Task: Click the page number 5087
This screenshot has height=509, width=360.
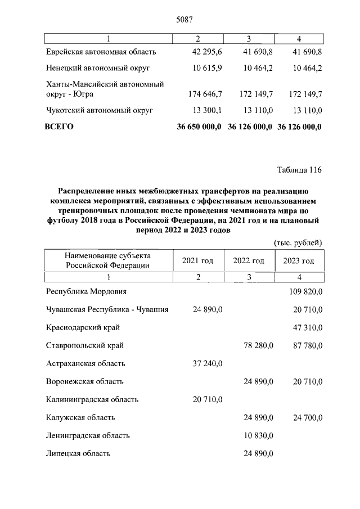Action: (x=185, y=19)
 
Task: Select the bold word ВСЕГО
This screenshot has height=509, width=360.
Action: (x=59, y=127)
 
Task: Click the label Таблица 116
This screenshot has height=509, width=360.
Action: (x=300, y=170)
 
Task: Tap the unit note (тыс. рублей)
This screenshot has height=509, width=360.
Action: (x=298, y=242)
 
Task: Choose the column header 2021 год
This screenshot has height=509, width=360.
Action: (x=197, y=260)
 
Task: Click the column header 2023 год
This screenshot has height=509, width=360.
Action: (x=299, y=260)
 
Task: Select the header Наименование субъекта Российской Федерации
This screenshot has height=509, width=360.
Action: (x=107, y=260)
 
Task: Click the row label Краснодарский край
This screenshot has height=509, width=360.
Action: (x=83, y=327)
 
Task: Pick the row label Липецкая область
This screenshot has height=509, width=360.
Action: (x=78, y=453)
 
